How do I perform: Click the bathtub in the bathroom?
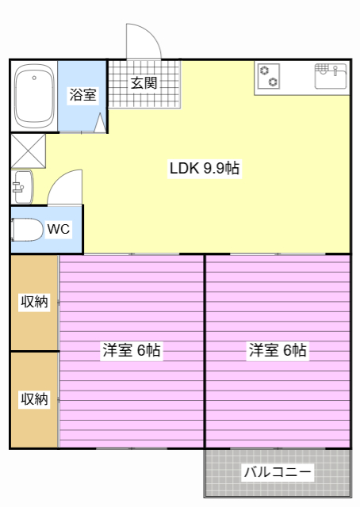pyautogui.click(x=33, y=97)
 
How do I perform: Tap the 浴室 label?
pyautogui.click(x=82, y=95)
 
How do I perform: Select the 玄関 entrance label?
pyautogui.click(x=144, y=82)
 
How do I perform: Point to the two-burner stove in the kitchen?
pyautogui.click(x=269, y=76)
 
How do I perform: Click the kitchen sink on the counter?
pyautogui.click(x=331, y=76)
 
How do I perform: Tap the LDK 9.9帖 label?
pyautogui.click(x=205, y=168)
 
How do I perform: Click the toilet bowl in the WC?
pyautogui.click(x=27, y=230)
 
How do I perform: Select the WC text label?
pyautogui.click(x=59, y=230)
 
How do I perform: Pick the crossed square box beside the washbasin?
pyautogui.click(x=29, y=150)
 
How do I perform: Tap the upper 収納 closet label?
pyautogui.click(x=34, y=301)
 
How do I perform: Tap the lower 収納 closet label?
pyautogui.click(x=34, y=399)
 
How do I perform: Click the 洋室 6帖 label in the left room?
pyautogui.click(x=132, y=351)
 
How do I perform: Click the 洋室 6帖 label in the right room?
pyautogui.click(x=278, y=351)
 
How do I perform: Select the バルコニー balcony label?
pyautogui.click(x=278, y=473)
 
